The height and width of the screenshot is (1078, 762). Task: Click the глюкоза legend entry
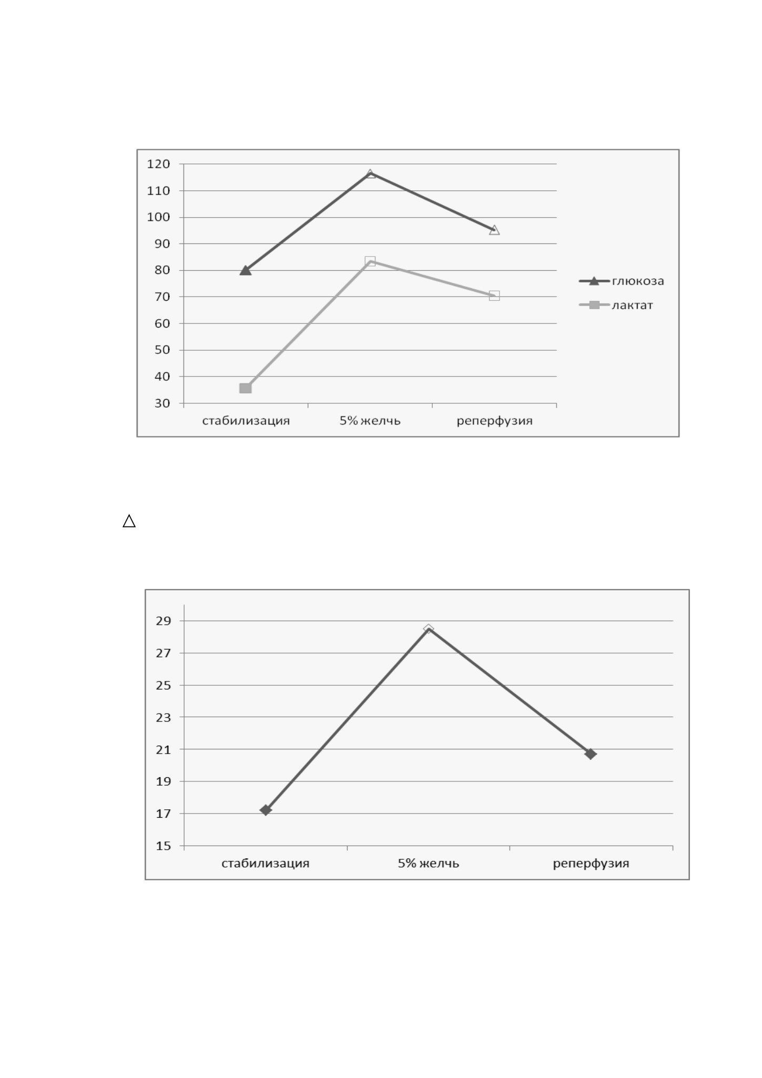coord(622,281)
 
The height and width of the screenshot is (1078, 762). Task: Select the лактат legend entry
coord(616,305)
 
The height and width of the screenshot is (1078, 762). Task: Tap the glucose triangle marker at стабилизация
coord(246,270)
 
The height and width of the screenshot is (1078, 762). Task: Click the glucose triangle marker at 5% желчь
coord(370,174)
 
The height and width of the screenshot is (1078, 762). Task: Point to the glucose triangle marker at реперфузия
coord(494,230)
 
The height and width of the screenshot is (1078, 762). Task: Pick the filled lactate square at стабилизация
coord(246,388)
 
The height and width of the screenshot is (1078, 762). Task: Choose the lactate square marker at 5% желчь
coord(370,261)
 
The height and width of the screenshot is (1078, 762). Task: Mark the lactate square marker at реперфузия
coord(494,296)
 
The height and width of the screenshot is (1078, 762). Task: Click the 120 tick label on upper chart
coord(158,164)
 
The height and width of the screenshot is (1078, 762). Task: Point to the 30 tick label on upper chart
coord(162,403)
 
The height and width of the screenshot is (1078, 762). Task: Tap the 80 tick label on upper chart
coord(162,270)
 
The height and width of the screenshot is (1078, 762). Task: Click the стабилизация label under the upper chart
coord(246,421)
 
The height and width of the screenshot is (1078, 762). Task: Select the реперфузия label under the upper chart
coord(495,421)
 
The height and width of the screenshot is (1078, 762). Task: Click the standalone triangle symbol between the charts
coord(129,521)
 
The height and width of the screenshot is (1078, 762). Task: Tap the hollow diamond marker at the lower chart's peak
coord(429,629)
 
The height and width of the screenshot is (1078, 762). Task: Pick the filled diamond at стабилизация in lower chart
coord(266,810)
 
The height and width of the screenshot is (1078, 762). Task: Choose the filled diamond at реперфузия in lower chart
coord(591,754)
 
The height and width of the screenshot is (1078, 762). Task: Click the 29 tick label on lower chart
coord(164,621)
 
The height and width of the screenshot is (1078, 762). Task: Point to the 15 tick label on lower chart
coord(164,846)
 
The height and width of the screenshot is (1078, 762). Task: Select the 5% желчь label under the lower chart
coord(429,863)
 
